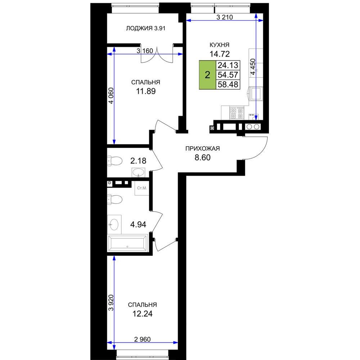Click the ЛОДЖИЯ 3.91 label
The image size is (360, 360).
click(x=145, y=28)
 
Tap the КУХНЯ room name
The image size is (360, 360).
click(x=220, y=45)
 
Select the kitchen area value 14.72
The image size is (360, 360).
click(x=220, y=54)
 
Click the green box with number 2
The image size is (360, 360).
click(x=207, y=75)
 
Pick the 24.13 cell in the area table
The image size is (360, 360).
click(x=228, y=65)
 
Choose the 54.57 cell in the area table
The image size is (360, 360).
click(x=228, y=75)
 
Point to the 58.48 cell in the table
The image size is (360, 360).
click(x=228, y=85)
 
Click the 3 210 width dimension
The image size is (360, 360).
click(x=225, y=17)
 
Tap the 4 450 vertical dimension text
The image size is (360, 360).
click(x=253, y=67)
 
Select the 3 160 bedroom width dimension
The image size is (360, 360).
click(x=145, y=51)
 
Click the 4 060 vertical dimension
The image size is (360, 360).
click(x=111, y=96)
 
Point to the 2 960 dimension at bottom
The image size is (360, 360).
click(x=142, y=339)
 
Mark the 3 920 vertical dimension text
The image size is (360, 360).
click(x=111, y=303)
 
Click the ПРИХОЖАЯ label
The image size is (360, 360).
click(x=202, y=149)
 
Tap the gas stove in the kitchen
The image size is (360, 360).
click(x=237, y=113)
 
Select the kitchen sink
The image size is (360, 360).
click(x=256, y=94)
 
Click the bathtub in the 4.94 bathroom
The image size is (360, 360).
click(x=127, y=243)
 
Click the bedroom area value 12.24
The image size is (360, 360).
click(x=142, y=314)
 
